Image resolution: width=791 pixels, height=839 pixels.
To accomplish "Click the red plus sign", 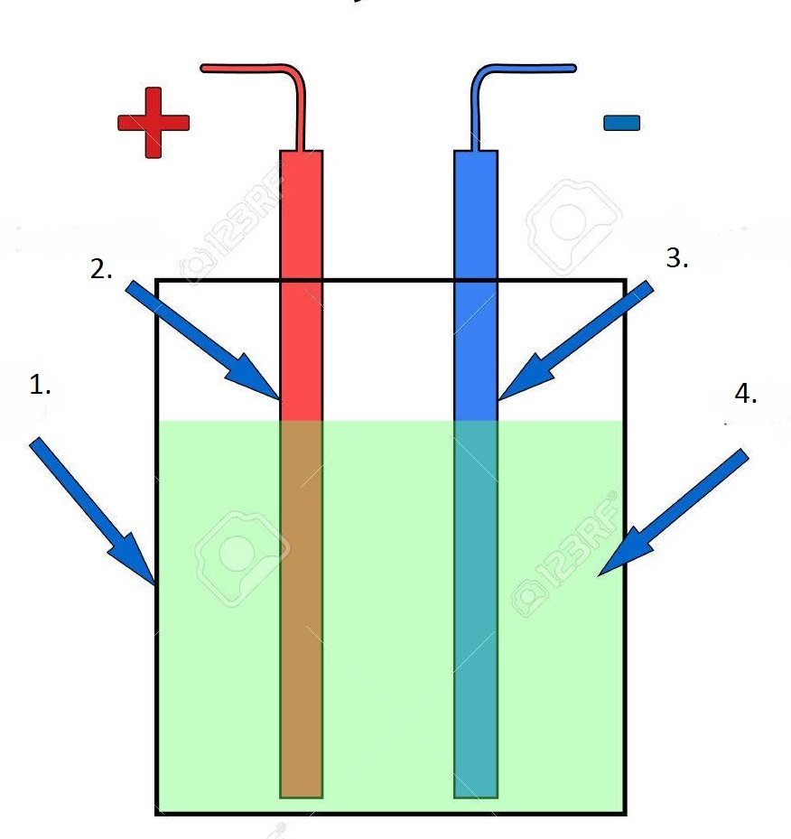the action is [x=154, y=123].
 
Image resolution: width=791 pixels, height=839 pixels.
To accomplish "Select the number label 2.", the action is [x=101, y=269].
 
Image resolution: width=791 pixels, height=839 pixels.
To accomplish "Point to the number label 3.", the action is [x=677, y=258].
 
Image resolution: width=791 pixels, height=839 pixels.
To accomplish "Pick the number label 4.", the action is [x=746, y=394].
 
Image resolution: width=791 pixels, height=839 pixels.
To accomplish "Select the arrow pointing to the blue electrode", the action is [x=574, y=340].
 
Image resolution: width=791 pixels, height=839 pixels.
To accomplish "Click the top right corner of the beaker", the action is [x=625, y=281].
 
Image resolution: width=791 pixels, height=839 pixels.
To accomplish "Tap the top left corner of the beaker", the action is [x=158, y=281].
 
